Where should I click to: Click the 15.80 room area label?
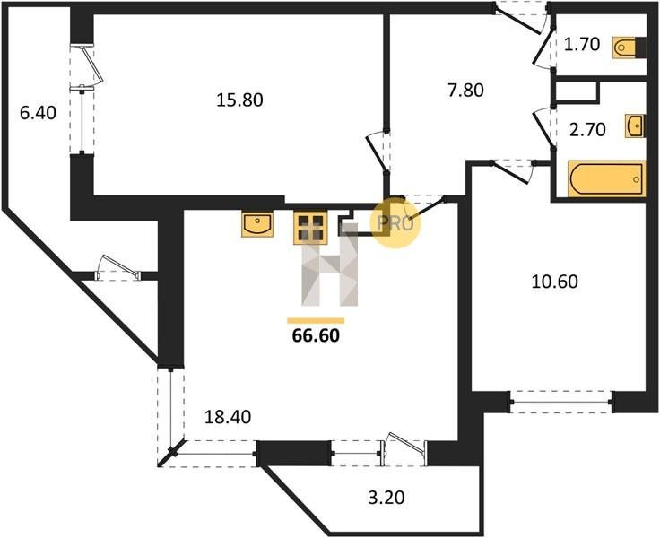click(x=239, y=100)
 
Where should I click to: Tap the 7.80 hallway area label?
click(x=466, y=91)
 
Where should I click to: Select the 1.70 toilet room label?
click(x=582, y=44)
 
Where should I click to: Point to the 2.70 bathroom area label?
click(x=587, y=130)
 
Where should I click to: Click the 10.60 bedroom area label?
click(x=555, y=282)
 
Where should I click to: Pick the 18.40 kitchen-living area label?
click(x=228, y=417)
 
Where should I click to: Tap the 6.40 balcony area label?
click(x=38, y=113)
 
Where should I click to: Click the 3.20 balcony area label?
click(x=386, y=498)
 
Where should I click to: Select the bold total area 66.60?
click(x=316, y=335)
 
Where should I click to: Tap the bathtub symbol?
click(x=606, y=179)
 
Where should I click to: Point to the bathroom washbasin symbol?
click(x=634, y=126)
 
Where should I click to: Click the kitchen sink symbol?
click(x=257, y=223)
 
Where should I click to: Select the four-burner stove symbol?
click(x=310, y=228)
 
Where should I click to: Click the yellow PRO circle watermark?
click(x=395, y=223)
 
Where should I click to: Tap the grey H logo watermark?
click(x=330, y=265)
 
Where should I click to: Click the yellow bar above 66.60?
click(x=316, y=321)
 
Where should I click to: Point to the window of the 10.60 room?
click(x=561, y=403)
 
